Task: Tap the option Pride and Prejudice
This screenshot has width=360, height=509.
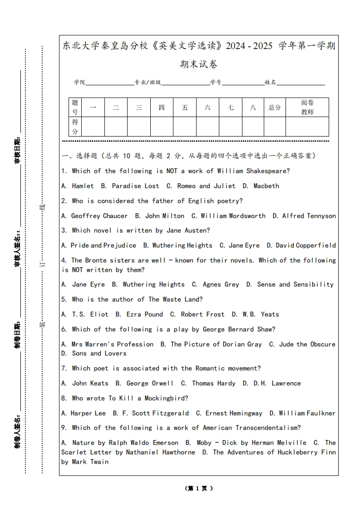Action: [x=103, y=245]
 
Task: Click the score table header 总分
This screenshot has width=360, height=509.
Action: [x=275, y=108]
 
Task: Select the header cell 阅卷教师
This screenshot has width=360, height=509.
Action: [x=307, y=108]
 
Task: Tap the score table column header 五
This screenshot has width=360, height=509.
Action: [x=185, y=108]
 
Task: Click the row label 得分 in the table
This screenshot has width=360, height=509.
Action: [x=75, y=127]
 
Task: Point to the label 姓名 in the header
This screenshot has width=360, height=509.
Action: [x=270, y=82]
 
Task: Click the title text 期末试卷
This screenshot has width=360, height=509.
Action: [x=198, y=64]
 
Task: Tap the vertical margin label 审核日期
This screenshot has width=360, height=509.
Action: [x=17, y=150]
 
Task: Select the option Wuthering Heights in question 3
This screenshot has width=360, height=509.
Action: [x=182, y=245]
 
